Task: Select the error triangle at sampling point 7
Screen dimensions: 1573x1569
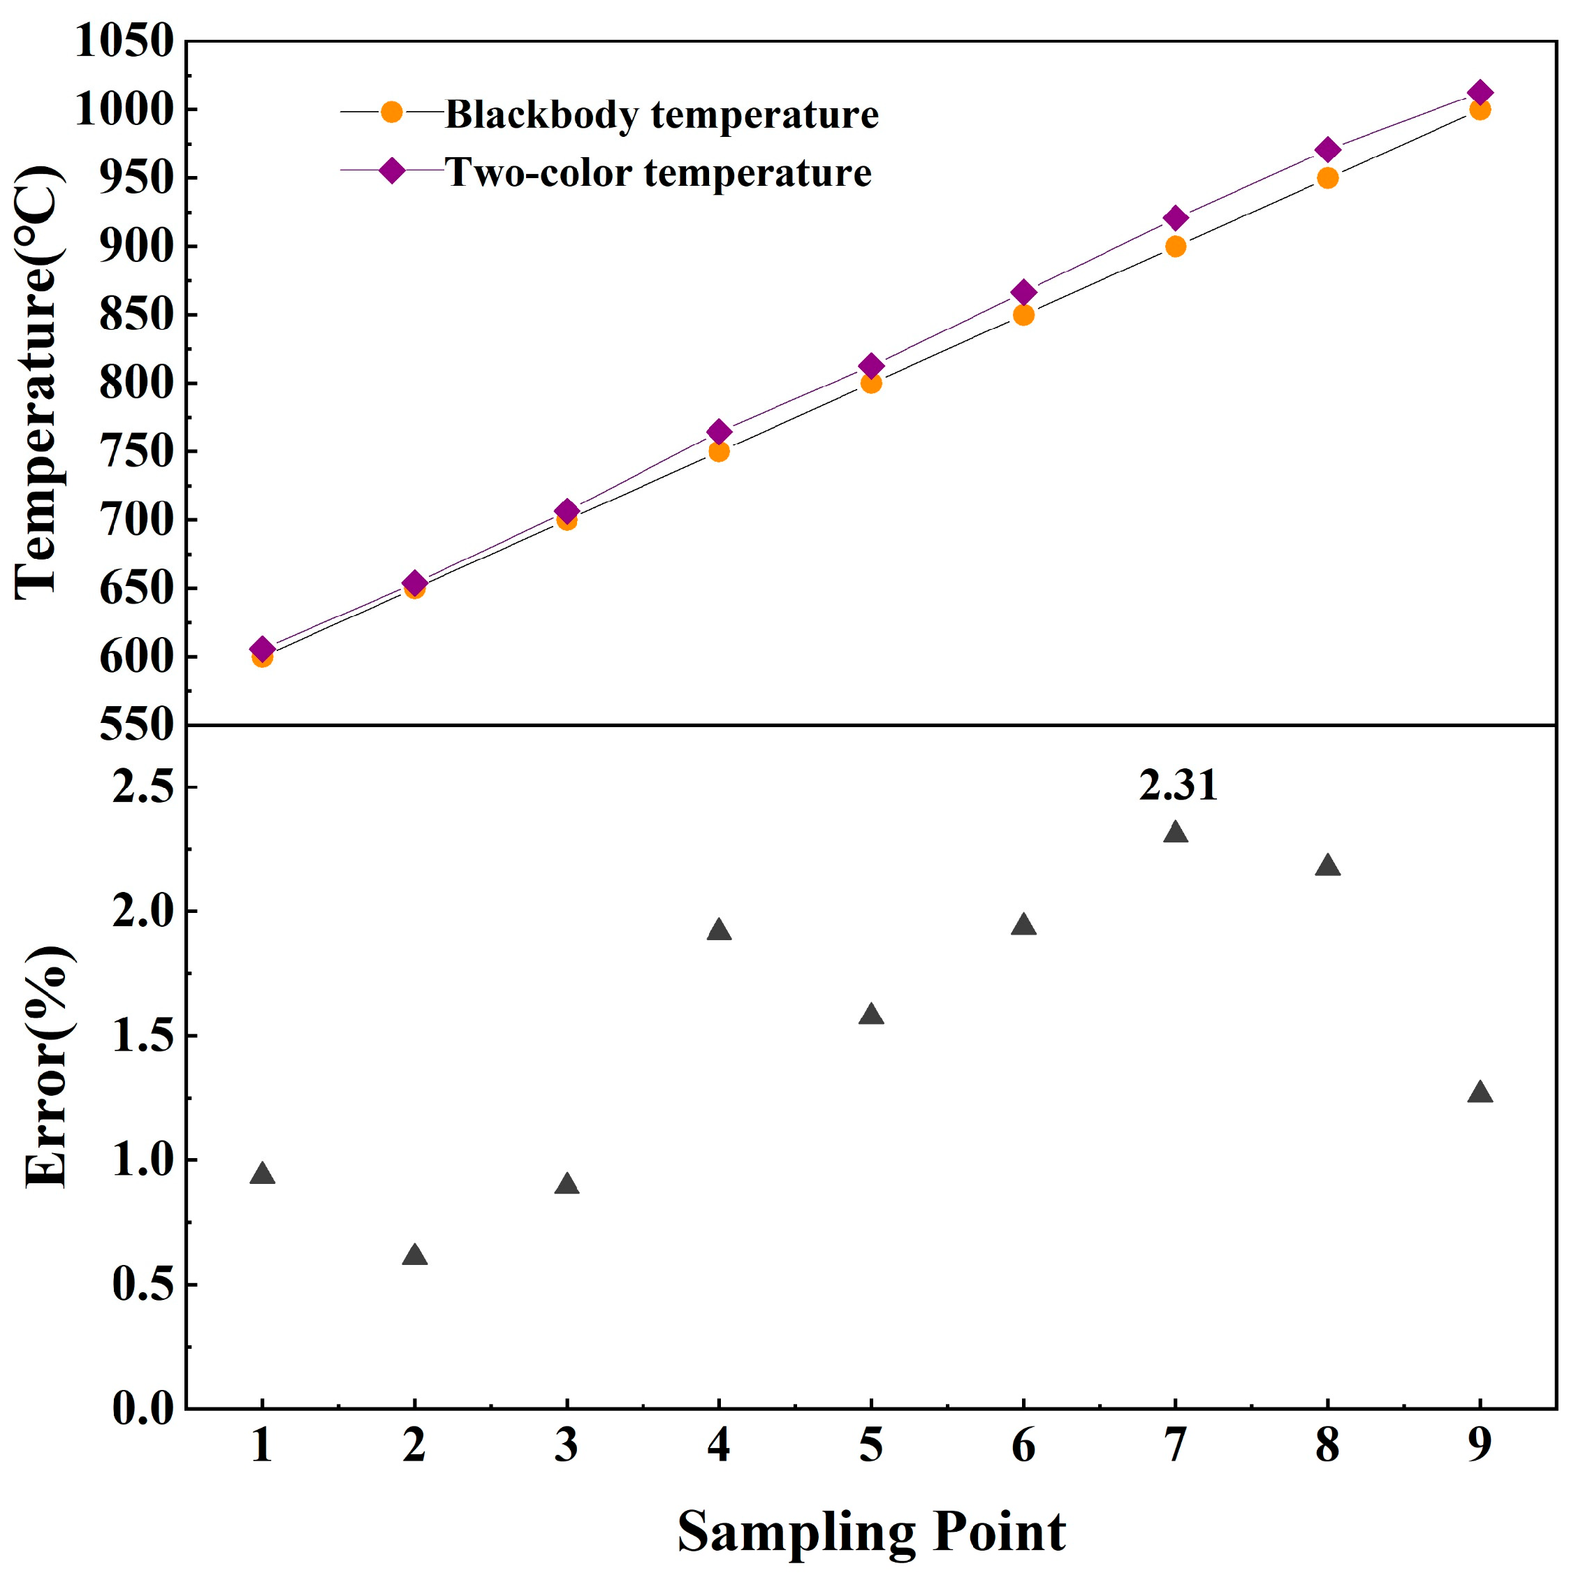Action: [1175, 833]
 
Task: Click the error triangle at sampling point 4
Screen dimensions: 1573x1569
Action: [718, 930]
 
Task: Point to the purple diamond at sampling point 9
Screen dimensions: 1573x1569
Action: [1480, 93]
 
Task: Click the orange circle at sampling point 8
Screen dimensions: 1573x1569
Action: [1327, 178]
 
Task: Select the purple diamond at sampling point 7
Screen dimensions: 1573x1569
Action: [1175, 218]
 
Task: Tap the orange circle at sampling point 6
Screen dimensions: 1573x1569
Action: [1023, 315]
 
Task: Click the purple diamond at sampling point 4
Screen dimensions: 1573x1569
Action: [718, 432]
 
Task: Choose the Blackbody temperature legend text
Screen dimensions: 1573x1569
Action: [661, 114]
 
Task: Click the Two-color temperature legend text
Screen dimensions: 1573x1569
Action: [658, 173]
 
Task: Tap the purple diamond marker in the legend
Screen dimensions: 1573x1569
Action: [392, 171]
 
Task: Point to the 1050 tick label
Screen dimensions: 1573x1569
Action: [124, 41]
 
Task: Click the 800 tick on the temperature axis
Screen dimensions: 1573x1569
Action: [137, 383]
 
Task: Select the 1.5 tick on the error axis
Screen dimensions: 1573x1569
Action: [143, 1037]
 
